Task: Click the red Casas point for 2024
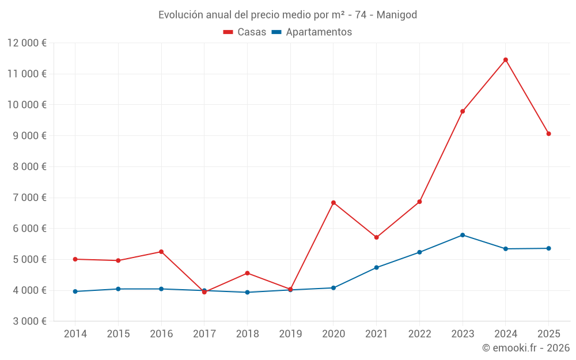(x=506, y=60)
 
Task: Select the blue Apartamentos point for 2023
(x=463, y=235)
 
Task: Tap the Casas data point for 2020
(x=334, y=203)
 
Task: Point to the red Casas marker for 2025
(x=548, y=134)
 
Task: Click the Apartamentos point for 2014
(x=75, y=291)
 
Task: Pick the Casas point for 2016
(x=161, y=252)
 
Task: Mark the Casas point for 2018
(x=247, y=273)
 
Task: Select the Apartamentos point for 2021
(x=377, y=267)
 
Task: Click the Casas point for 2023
(x=463, y=111)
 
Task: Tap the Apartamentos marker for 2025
(x=548, y=248)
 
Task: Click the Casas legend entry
(x=245, y=32)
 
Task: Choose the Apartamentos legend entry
(x=312, y=32)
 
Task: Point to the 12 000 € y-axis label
(x=27, y=43)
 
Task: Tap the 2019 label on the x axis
(x=290, y=334)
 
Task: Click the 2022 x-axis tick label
(x=419, y=334)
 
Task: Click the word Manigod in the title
(x=397, y=14)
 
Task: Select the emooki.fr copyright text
(x=526, y=348)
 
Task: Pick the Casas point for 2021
(x=377, y=237)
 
